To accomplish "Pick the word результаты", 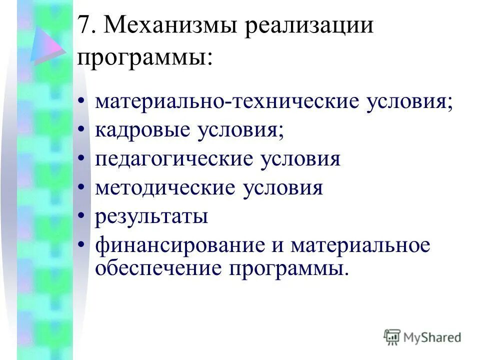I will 151,217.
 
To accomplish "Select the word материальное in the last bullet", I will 360,246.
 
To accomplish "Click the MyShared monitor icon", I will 392,337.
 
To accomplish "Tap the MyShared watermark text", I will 432,337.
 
